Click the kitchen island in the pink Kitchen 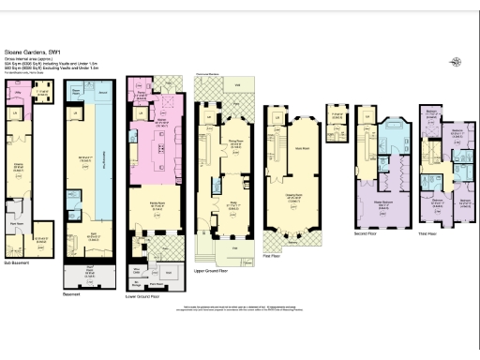coord(160,150)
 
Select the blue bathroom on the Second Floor coord(391,139)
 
